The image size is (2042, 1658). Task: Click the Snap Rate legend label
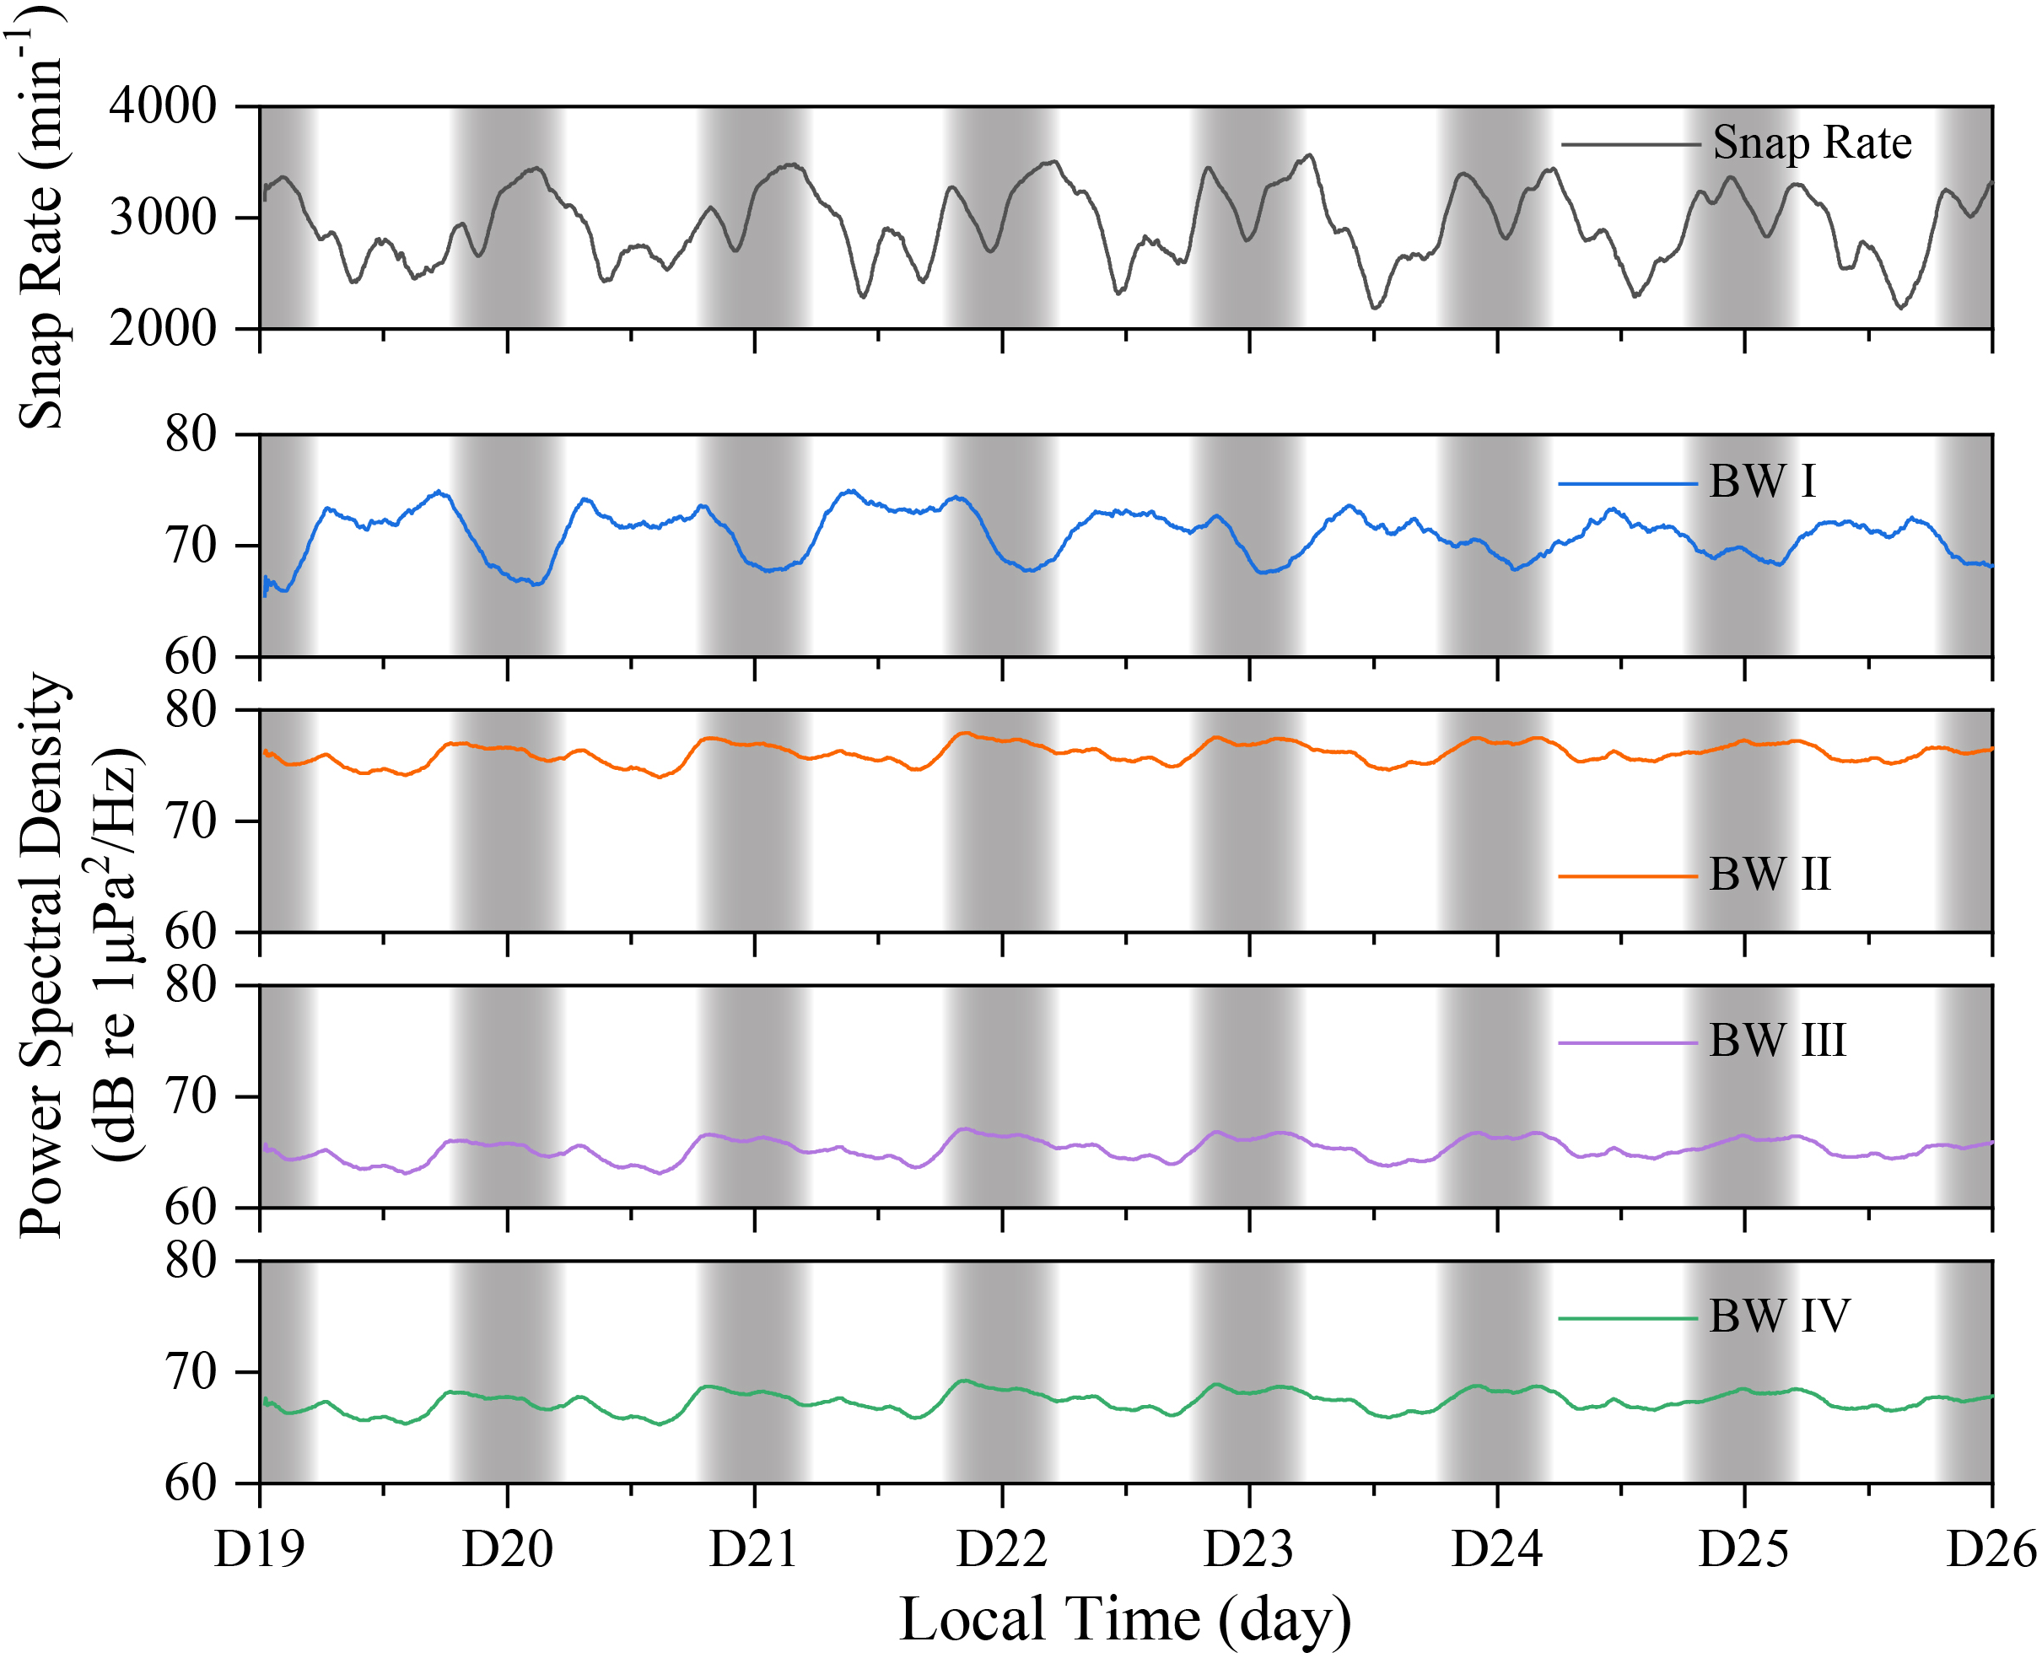(x=1811, y=143)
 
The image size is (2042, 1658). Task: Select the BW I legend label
(x=1762, y=482)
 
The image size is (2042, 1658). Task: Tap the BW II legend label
(x=1770, y=874)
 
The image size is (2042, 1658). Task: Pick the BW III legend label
(x=1776, y=1040)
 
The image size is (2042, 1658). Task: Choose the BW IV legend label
(x=1778, y=1316)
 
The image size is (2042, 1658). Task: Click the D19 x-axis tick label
(x=259, y=1549)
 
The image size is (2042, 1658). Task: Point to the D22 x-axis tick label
(x=1002, y=1549)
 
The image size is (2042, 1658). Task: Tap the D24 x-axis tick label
(x=1496, y=1549)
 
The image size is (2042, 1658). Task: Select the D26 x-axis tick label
(x=1991, y=1549)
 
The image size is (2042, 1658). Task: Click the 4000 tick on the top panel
(x=164, y=106)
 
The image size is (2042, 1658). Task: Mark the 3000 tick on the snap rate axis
(x=164, y=218)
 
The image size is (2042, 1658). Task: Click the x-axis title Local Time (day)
(x=1125, y=1620)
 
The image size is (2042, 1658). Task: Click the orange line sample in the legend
(x=1628, y=875)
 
